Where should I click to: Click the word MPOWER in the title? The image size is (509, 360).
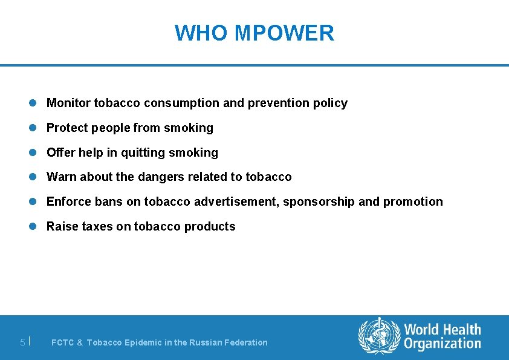click(x=284, y=33)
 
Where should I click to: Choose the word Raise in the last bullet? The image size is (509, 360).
click(x=62, y=226)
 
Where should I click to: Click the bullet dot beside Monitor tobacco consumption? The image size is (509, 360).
click(x=34, y=103)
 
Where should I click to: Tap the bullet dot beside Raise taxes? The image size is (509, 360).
click(x=34, y=227)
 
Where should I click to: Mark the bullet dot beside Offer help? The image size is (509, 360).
click(x=34, y=153)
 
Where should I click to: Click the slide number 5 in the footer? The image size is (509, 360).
click(x=22, y=342)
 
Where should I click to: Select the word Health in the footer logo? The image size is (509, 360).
click(x=460, y=330)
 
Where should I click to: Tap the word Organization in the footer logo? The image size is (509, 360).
click(x=443, y=344)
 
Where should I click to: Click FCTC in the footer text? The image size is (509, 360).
click(x=63, y=342)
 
